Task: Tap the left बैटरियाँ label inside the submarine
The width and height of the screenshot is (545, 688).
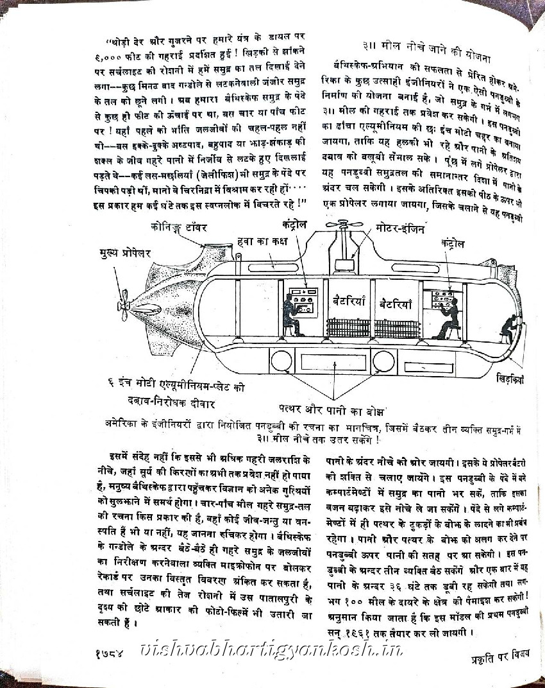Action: [x=349, y=300]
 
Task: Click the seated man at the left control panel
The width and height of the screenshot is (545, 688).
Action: [x=290, y=316]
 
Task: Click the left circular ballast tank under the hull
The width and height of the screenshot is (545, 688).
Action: [x=281, y=361]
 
